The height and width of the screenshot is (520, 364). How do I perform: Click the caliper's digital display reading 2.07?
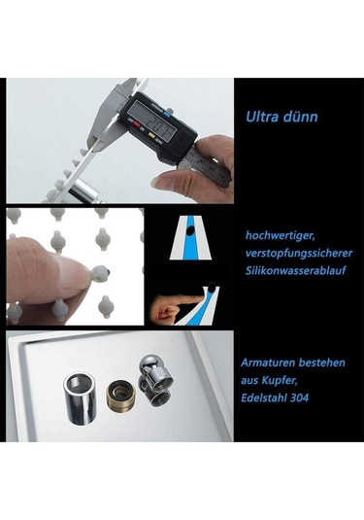point(154,122)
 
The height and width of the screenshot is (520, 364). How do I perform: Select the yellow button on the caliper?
point(152,135)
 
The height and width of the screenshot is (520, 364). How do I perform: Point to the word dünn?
point(300,117)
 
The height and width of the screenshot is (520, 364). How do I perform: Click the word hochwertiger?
point(280,236)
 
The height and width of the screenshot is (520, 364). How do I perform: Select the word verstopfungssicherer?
point(299,254)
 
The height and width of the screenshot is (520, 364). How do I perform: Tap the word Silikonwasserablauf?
point(295,270)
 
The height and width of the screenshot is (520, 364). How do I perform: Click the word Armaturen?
point(268,363)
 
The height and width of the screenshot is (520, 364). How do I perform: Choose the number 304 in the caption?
point(299,398)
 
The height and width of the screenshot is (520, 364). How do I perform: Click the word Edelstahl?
point(264,398)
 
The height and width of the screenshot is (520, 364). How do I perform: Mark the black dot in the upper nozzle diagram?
point(190,230)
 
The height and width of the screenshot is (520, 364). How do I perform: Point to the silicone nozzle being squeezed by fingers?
point(101,273)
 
